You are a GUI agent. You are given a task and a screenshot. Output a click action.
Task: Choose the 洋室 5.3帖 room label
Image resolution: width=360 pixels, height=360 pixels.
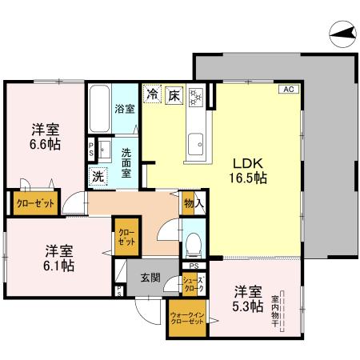point(247,298)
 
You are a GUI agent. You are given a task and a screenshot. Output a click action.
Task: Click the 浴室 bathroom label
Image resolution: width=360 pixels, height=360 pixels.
point(124,108)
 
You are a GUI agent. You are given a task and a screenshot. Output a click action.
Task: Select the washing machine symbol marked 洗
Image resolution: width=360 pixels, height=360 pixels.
point(98,176)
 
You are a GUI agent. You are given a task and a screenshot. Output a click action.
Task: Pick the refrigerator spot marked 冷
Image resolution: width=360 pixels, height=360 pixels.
point(152,95)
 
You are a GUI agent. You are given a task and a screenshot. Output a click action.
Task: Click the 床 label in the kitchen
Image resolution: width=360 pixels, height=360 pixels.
point(174,95)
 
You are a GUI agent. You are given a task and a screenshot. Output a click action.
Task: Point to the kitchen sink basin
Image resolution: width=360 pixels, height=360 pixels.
point(195,146)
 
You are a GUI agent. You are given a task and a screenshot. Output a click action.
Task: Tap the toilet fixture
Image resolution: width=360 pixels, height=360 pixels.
point(192,241)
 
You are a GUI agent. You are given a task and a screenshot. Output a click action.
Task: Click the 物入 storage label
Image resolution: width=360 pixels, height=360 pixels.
point(193,203)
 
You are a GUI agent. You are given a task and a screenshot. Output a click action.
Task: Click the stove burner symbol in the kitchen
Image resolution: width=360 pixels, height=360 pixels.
point(196,96)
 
